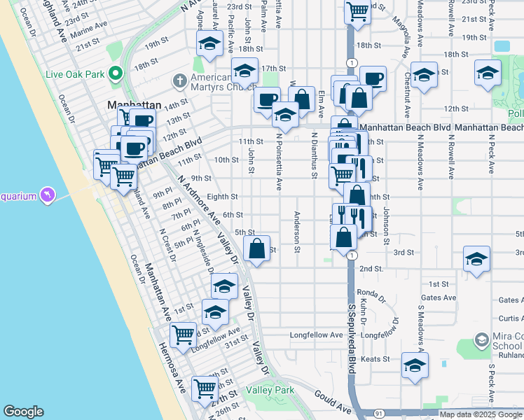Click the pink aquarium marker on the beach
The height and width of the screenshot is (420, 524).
[x=47, y=194]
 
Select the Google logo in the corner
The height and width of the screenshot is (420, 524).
[x=23, y=412]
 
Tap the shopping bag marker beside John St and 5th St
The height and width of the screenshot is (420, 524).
[x=257, y=249]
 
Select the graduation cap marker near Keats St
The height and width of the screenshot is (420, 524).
[x=415, y=365]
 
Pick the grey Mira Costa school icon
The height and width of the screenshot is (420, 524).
[x=481, y=340]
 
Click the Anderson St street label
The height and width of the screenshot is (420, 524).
[x=297, y=231]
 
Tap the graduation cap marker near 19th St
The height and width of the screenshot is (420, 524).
[x=208, y=44]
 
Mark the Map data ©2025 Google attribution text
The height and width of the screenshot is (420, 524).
[x=481, y=414]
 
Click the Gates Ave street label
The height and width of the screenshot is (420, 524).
[x=437, y=297]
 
